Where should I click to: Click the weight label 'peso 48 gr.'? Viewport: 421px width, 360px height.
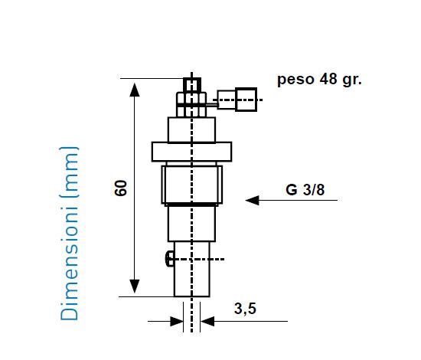pos(319,79)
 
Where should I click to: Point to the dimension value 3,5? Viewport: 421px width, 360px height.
pos(245,309)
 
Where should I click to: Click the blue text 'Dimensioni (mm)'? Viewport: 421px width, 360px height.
pos(70,233)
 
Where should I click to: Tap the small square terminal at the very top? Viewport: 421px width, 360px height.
pos(191,84)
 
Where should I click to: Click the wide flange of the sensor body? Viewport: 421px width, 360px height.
pos(191,151)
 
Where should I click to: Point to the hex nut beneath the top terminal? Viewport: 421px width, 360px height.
pos(191,100)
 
